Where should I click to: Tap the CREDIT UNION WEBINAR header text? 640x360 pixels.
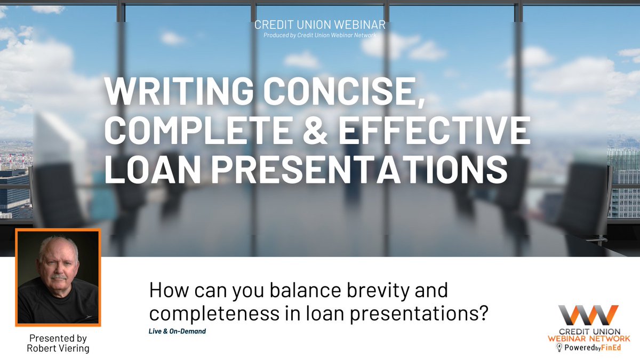tap(319, 25)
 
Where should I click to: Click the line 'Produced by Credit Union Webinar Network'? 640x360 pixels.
tap(319, 36)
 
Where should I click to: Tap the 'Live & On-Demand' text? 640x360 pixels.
tap(177, 331)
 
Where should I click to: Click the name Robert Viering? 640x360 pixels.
tap(58, 349)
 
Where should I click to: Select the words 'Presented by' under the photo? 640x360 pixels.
tap(58, 339)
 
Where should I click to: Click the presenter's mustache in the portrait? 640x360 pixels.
tap(58, 278)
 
